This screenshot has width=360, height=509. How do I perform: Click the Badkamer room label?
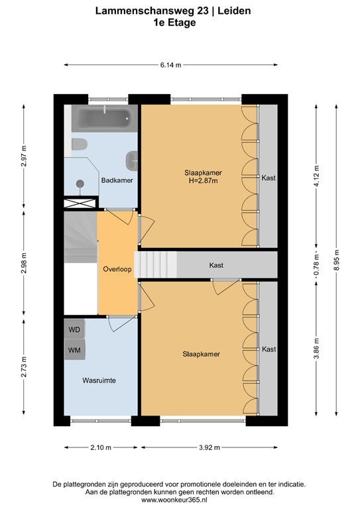click(117, 180)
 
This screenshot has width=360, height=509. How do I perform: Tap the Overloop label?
click(117, 269)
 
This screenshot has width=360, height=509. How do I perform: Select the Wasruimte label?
click(99, 380)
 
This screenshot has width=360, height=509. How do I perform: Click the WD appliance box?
click(74, 329)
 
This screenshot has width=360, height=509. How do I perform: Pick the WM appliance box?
click(74, 350)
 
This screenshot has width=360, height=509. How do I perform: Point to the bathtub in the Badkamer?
click(105, 118)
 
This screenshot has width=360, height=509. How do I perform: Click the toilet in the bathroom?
click(80, 144)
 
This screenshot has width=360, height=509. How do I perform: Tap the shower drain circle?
click(80, 184)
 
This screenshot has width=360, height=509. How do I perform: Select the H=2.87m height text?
click(204, 181)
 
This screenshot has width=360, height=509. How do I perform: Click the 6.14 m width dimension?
click(171, 65)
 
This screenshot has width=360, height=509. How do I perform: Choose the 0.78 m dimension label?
click(317, 264)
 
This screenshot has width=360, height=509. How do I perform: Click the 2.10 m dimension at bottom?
click(101, 447)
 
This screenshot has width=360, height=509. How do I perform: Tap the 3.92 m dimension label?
click(210, 447)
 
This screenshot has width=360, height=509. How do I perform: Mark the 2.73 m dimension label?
click(24, 367)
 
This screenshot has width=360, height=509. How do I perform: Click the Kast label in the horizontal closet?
click(216, 265)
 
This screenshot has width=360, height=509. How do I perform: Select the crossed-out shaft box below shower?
click(80, 203)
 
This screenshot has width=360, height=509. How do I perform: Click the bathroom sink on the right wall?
click(132, 160)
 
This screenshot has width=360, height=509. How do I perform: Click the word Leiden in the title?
click(234, 11)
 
